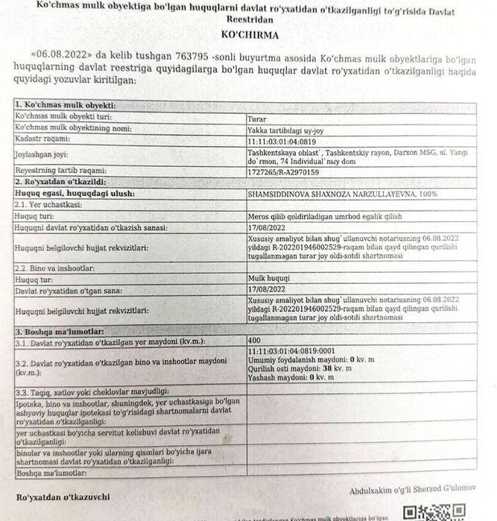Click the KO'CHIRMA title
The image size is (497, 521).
(248, 35)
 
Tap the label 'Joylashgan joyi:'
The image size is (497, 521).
(45, 155)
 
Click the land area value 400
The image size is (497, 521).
(255, 341)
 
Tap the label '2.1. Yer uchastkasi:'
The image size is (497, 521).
(48, 204)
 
